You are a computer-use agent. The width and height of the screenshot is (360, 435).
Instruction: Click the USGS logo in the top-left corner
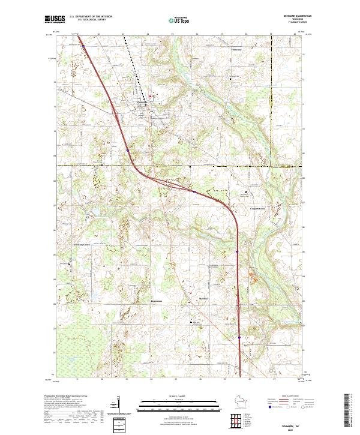pos(53,19)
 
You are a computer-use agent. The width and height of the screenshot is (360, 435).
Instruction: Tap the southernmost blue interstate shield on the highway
pos(239,338)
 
